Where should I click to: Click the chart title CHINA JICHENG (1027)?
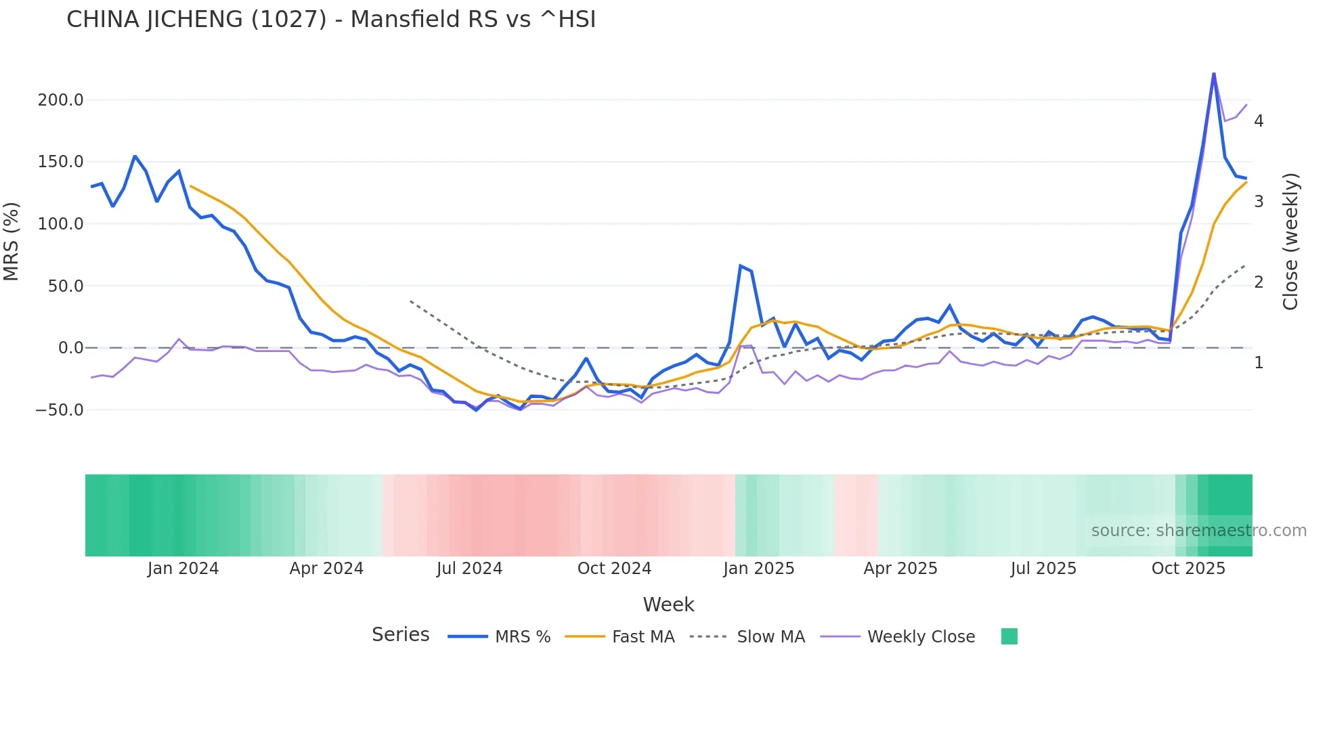[331, 20]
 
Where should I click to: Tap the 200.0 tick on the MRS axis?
[60, 100]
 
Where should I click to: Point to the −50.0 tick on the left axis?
[59, 410]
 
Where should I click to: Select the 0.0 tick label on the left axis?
[70, 348]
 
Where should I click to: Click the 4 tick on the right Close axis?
[1259, 121]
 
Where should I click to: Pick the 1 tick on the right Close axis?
[1259, 363]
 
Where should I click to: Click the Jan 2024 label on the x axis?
[183, 569]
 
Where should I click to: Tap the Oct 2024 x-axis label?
[614, 569]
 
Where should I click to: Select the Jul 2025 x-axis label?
[1043, 569]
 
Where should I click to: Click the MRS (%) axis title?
[12, 242]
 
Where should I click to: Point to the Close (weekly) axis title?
[1290, 242]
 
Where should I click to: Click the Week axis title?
[668, 605]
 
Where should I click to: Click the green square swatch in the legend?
[1009, 636]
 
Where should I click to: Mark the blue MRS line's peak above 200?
[1214, 73]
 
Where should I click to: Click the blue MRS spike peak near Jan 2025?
[741, 266]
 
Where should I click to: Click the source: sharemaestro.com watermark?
[1198, 531]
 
